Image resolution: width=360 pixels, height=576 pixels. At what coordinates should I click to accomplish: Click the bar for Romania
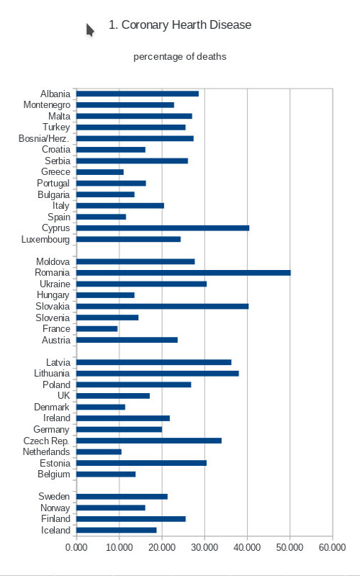(184, 273)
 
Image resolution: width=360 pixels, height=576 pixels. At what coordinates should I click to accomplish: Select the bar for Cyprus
(163, 228)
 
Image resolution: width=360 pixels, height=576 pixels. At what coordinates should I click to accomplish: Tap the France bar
(97, 329)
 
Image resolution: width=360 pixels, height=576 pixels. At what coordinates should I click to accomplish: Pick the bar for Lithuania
(158, 374)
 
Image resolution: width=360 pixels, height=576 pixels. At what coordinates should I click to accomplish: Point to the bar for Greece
(100, 172)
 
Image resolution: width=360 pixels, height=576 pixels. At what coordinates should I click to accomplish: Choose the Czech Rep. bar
(149, 441)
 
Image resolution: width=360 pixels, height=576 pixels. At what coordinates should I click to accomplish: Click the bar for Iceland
(117, 531)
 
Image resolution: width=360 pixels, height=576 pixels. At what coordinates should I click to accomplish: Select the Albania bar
(138, 94)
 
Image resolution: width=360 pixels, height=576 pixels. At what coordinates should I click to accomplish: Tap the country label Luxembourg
(45, 240)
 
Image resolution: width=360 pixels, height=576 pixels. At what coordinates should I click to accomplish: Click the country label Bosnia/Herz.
(44, 138)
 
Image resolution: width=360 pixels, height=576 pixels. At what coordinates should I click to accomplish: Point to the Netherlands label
(46, 452)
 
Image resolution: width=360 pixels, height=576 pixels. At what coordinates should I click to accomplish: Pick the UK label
(63, 395)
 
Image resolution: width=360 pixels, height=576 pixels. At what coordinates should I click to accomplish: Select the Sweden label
(54, 497)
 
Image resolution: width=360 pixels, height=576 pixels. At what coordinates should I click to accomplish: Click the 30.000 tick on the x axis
(204, 547)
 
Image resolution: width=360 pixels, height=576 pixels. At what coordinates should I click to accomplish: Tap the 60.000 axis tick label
(333, 547)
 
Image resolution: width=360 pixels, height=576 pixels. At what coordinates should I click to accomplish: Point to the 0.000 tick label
(76, 547)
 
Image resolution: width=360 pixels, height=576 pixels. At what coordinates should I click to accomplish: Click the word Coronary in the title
(145, 25)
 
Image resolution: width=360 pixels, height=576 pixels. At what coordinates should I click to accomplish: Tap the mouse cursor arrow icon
(91, 30)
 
